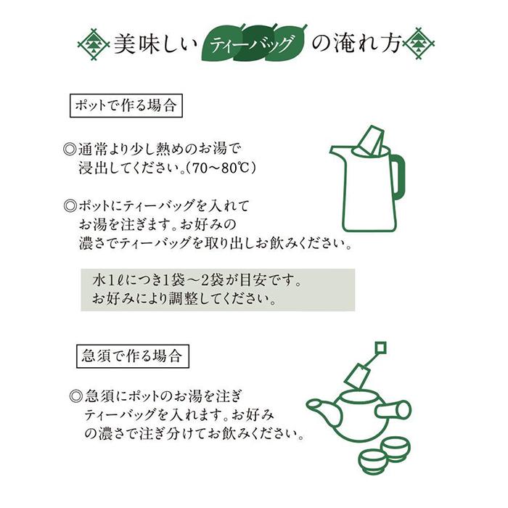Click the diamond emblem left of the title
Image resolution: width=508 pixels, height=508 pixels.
(x=94, y=44)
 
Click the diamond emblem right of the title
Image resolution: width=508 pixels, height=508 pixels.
(x=418, y=44)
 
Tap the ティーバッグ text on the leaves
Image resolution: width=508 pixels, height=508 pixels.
(x=251, y=44)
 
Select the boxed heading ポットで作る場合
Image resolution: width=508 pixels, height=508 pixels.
(x=126, y=106)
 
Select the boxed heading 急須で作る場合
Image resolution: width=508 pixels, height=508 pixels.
(x=133, y=356)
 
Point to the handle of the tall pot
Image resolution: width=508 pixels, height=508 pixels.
(x=398, y=177)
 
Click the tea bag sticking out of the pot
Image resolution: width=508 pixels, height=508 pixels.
(x=369, y=141)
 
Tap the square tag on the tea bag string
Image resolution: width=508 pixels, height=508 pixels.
(x=381, y=348)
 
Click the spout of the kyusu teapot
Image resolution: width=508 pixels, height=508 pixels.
(x=322, y=409)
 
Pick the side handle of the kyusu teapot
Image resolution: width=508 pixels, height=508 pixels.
(x=393, y=410)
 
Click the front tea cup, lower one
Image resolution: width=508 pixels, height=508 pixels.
(x=372, y=460)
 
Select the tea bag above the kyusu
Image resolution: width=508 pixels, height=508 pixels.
(x=357, y=377)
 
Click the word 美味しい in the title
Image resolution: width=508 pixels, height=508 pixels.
(x=155, y=44)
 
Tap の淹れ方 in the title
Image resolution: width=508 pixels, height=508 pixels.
(x=356, y=44)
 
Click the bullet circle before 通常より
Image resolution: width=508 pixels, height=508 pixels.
(x=70, y=149)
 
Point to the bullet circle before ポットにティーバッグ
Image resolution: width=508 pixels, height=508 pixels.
(x=70, y=206)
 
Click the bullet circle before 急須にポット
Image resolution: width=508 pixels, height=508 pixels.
(x=76, y=396)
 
